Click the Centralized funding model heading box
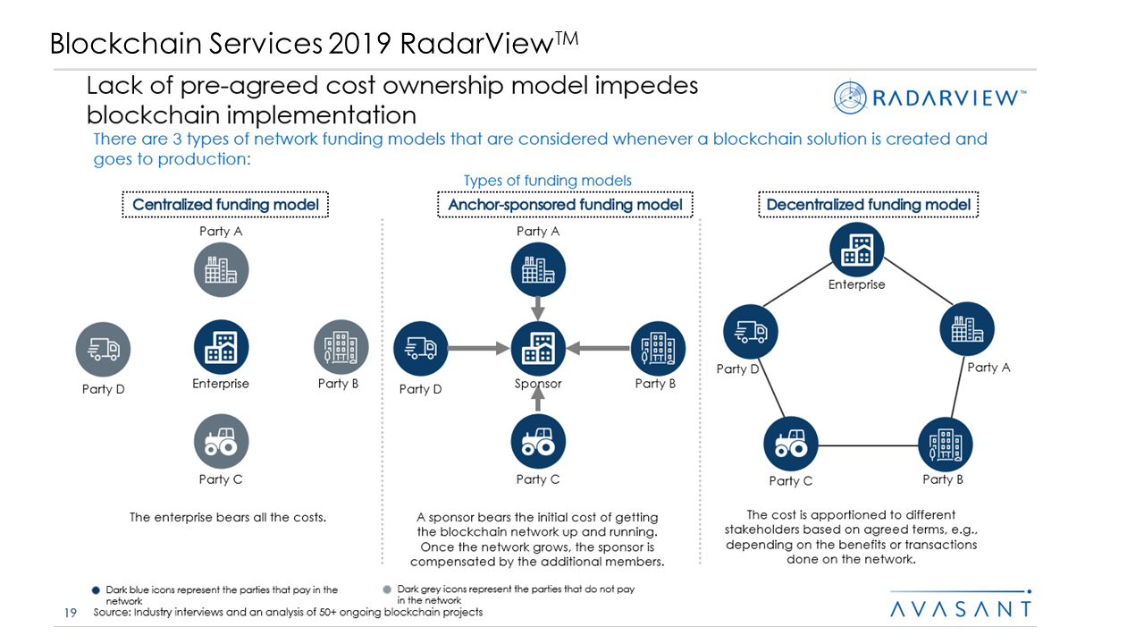point(225,205)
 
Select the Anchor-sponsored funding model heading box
point(565,205)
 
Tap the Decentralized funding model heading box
point(868,205)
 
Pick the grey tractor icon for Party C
point(221,442)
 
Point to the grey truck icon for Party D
point(103,349)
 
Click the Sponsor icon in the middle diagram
point(538,349)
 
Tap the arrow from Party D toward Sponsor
point(478,349)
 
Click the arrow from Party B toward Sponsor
point(599,349)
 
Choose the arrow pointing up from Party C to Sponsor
point(538,399)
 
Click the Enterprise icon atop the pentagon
point(856,250)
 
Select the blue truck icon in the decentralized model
point(751,332)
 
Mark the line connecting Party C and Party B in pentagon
point(868,445)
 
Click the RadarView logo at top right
point(929,97)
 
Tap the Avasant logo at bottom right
point(961,608)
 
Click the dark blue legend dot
point(96,590)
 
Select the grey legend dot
point(386,590)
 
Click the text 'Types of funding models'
point(547,181)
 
